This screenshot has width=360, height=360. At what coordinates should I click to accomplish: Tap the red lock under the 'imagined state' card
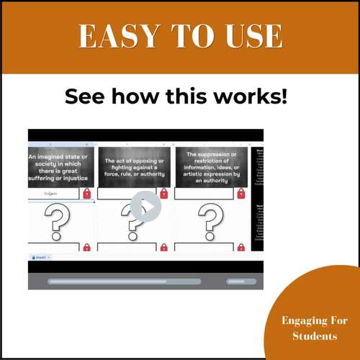[87, 194]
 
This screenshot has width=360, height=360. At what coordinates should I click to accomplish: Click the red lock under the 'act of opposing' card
[163, 194]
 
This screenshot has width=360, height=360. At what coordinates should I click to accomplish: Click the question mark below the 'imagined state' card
[60, 221]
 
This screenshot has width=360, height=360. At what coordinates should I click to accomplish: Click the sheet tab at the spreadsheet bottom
[40, 256]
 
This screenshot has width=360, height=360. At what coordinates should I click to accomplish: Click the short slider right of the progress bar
[240, 282]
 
